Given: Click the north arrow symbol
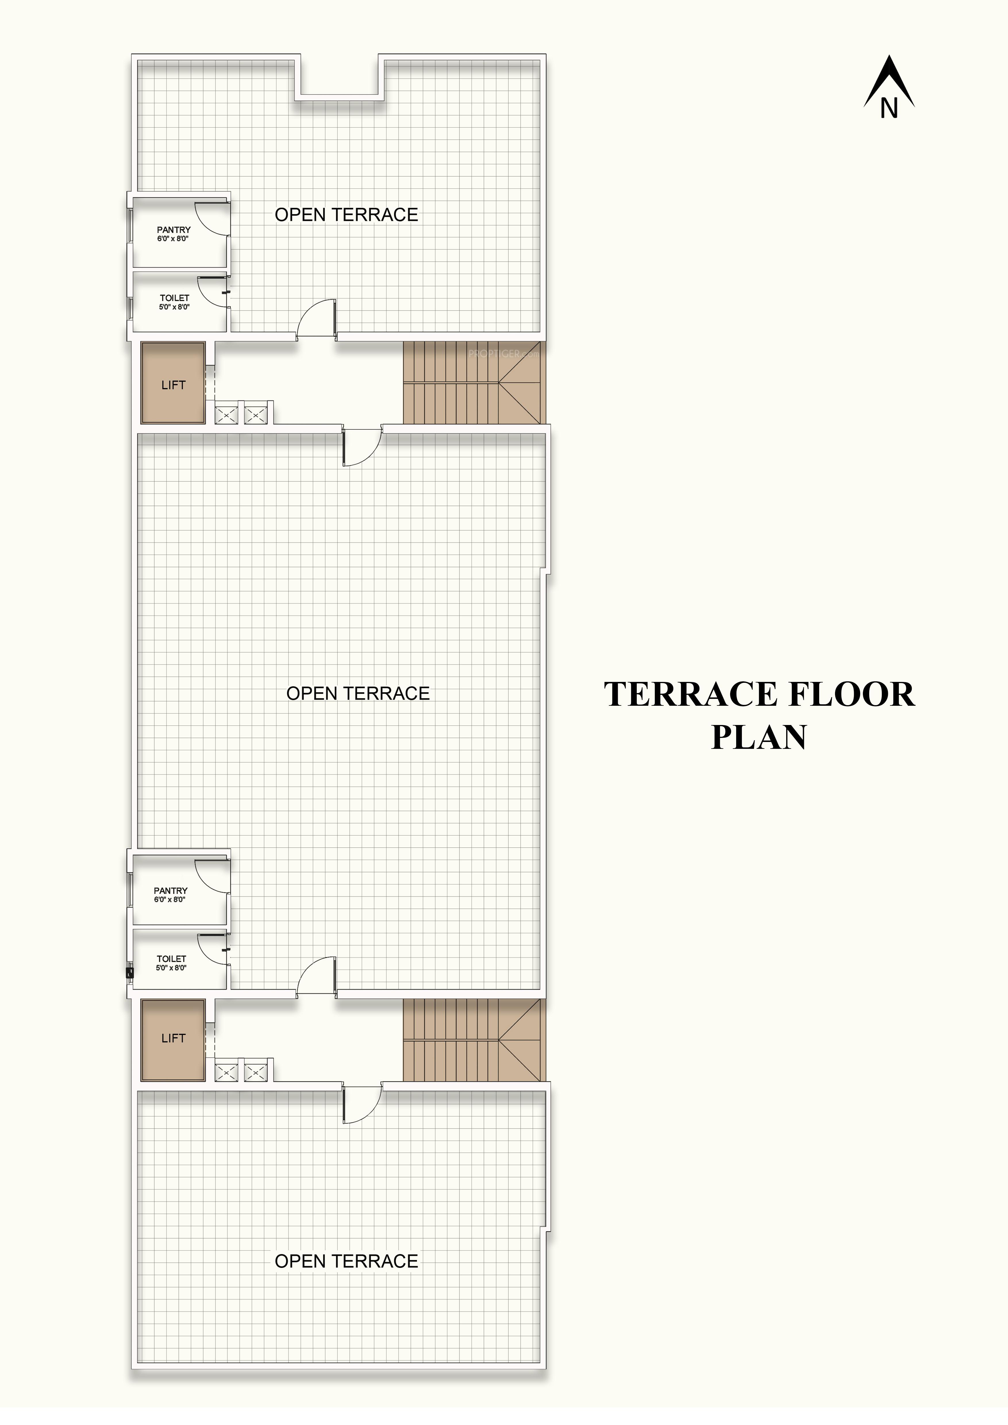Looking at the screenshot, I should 889,87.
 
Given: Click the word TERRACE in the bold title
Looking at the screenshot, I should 690,695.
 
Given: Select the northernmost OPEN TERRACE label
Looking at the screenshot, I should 346,215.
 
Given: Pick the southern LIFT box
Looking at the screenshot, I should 173,1038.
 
